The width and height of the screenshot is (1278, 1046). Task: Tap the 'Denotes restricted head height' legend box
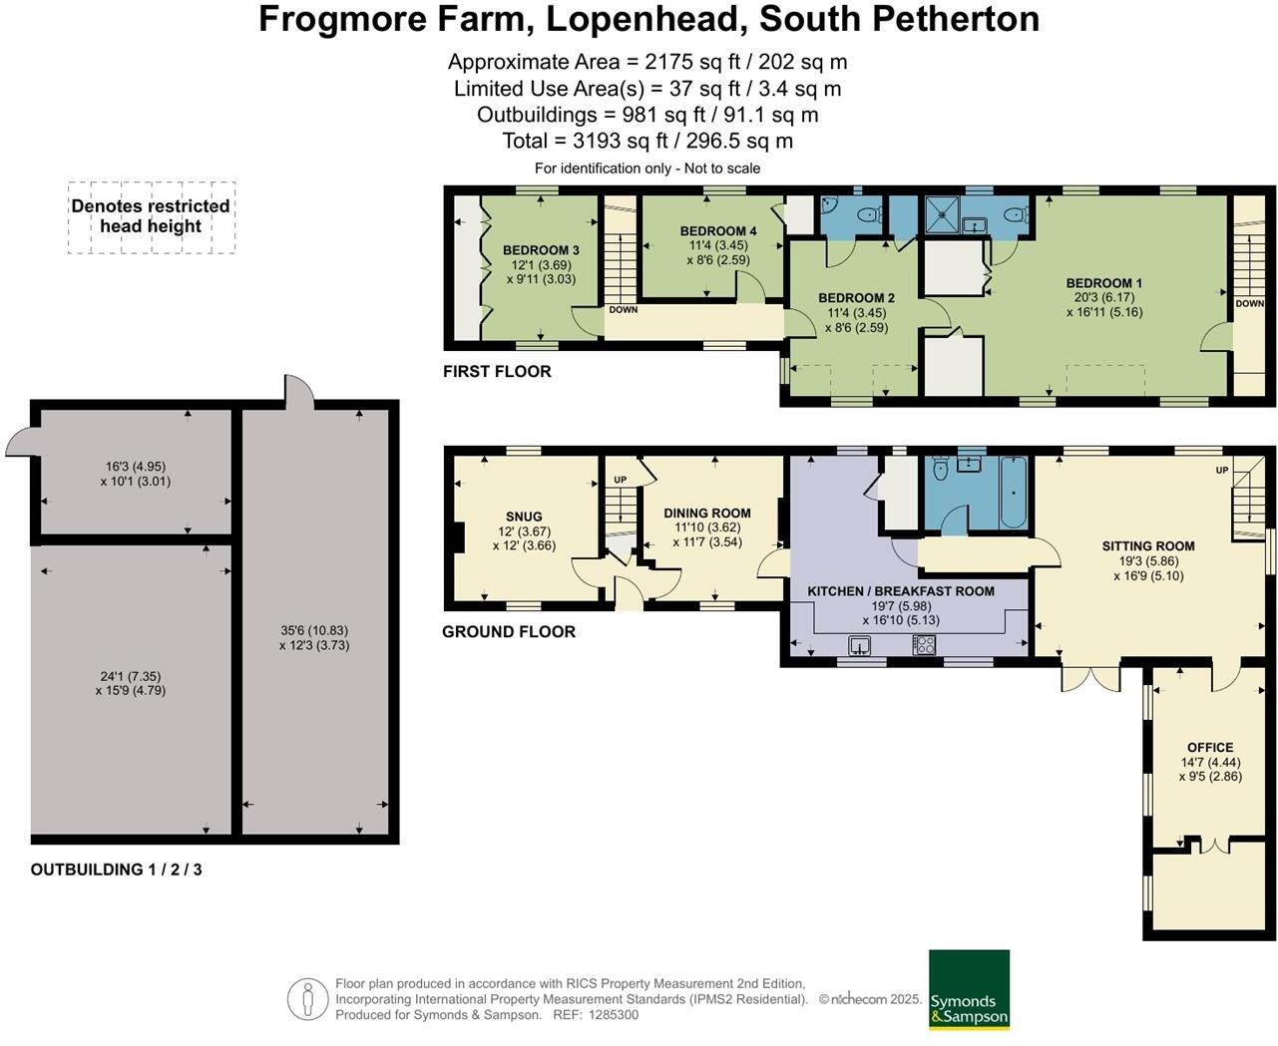[151, 216]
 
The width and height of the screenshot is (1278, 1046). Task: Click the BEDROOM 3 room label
[541, 250]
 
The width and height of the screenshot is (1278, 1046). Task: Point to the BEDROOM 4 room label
[718, 231]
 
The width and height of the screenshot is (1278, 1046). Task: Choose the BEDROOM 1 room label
[1103, 283]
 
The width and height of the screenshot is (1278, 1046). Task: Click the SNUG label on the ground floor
[524, 517]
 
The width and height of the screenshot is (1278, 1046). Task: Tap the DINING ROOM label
[707, 514]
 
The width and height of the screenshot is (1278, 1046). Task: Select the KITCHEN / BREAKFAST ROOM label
[900, 591]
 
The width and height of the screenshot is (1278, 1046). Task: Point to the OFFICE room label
[1210, 748]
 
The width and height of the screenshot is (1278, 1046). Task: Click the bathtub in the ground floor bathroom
[1013, 493]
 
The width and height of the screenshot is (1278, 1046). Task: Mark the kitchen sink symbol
[860, 646]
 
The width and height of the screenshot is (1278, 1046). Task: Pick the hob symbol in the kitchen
[923, 646]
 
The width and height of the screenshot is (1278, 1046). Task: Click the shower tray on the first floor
[941, 211]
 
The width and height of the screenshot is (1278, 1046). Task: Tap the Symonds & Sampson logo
[969, 989]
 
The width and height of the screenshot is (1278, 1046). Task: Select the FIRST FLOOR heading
[497, 372]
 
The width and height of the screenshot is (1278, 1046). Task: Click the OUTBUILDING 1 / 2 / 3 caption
[116, 870]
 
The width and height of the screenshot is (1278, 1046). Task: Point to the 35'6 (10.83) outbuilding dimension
[314, 630]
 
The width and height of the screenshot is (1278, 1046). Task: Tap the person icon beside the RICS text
[308, 999]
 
